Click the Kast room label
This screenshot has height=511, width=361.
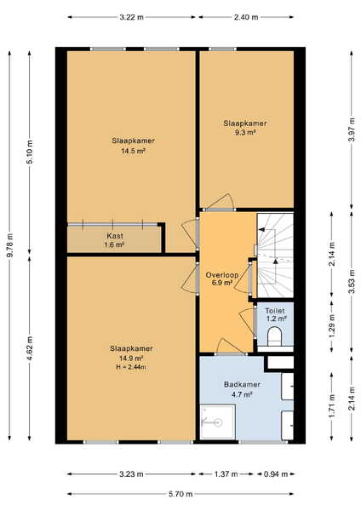[115, 236]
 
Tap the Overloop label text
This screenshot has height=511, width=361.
[222, 275]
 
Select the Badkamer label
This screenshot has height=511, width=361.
[242, 385]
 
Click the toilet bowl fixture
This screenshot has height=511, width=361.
[274, 336]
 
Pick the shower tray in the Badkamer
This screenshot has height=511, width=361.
[217, 422]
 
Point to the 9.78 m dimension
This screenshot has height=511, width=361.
[9, 245]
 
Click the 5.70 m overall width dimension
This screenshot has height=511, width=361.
[180, 494]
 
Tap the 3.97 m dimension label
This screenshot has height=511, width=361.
[352, 129]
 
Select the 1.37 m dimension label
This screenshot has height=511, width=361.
[226, 474]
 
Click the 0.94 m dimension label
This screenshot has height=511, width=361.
[276, 474]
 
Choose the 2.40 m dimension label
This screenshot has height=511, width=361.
[246, 17]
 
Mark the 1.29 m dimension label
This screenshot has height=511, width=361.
[332, 326]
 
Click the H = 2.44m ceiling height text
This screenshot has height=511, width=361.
[131, 367]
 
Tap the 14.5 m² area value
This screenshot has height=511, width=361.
[133, 151]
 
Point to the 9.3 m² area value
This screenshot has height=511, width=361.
[245, 132]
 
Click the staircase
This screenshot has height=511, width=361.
[275, 255]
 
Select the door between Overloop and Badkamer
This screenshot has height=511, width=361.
[230, 347]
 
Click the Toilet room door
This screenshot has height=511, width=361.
[248, 322]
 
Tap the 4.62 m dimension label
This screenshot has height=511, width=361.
[30, 348]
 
